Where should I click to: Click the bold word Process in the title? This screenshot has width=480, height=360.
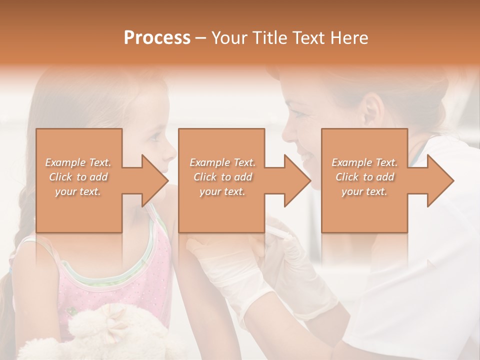tap(157, 38)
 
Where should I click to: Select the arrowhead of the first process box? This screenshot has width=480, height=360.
tap(155, 180)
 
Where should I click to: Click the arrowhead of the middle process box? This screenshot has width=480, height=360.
tap(298, 180)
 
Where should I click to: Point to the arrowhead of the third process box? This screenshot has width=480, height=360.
tap(440, 180)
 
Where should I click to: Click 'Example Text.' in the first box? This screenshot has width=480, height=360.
tap(78, 162)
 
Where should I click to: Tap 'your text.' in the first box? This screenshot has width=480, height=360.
tap(78, 191)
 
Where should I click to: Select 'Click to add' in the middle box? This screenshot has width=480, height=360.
tap(222, 177)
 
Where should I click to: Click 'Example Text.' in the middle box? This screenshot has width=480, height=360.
tap(222, 162)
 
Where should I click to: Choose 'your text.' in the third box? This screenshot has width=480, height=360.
tap(364, 191)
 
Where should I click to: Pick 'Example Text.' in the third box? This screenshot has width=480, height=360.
tap(364, 162)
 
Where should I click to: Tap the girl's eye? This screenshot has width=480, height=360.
tap(154, 136)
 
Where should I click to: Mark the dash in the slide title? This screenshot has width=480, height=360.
tap(200, 38)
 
